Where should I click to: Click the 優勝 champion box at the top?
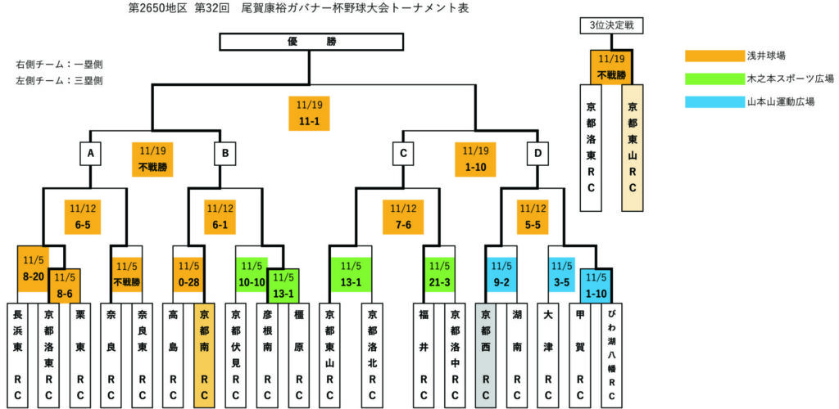coord(312,41)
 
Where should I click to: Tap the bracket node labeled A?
coord(89,153)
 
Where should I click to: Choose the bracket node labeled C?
coord(402,153)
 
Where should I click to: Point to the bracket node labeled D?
coord(537,153)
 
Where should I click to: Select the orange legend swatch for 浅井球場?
coord(714,56)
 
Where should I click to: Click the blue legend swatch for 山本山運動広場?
coord(714,102)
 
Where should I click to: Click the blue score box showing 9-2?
coord(501,275)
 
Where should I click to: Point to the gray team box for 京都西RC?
coord(486,353)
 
